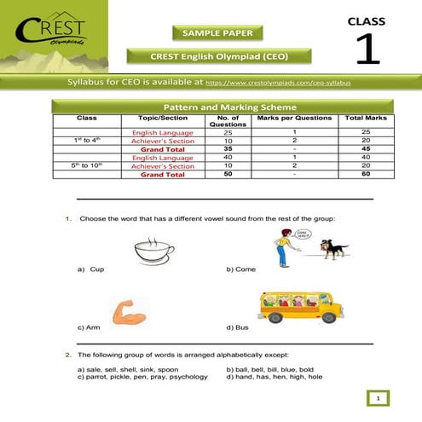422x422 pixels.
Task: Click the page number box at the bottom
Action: point(377,397)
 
